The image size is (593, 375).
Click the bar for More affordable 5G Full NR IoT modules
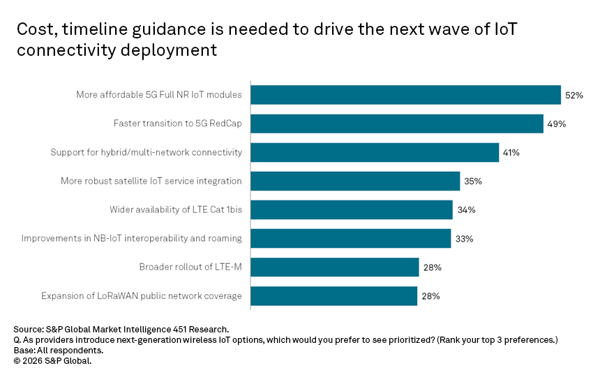pos(405,95)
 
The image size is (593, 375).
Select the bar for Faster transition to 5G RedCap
pos(396,124)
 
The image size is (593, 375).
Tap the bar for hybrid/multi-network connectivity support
pos(375,152)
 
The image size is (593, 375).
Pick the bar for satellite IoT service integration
pos(355,181)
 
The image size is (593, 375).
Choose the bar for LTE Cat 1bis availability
pos(352,209)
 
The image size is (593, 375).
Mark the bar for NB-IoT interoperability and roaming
pos(350,238)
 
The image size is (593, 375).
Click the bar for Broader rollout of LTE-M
pos(335,267)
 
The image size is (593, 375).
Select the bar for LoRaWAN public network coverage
pos(334,295)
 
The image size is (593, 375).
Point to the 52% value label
pos(574,95)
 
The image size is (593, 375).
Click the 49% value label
pos(556,124)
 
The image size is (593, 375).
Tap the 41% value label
pos(511,152)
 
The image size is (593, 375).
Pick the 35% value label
pos(473,181)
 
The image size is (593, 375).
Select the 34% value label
pos(465,209)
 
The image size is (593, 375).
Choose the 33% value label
pos(464,238)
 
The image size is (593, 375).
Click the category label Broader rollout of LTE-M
pos(190,267)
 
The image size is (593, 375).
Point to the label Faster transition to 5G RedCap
pos(178,124)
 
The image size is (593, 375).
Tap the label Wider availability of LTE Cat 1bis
pos(176,209)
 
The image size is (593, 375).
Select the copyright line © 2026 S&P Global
pos(52,360)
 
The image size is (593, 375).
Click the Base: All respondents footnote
pos(59,350)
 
